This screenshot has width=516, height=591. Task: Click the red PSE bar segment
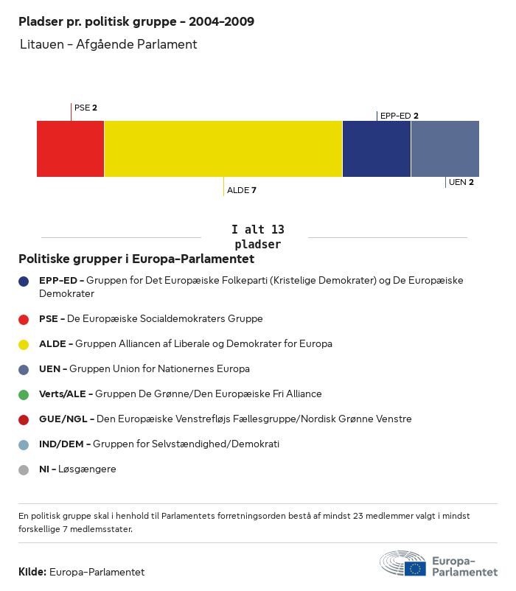click(70, 149)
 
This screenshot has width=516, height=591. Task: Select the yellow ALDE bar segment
click(223, 149)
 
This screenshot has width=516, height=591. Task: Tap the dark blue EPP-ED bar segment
click(376, 149)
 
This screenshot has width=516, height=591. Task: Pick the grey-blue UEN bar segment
click(444, 149)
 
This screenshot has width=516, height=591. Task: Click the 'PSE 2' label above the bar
click(86, 108)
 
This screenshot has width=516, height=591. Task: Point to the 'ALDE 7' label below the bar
click(242, 190)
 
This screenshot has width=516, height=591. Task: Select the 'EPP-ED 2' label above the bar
click(400, 116)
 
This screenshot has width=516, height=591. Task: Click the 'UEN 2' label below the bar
click(461, 182)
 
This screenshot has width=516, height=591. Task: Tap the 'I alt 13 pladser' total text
click(257, 237)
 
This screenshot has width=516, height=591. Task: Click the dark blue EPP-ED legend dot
click(24, 281)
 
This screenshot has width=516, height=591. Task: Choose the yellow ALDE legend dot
click(24, 344)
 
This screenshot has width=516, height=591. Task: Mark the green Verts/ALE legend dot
click(24, 394)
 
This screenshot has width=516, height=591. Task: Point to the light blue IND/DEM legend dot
click(24, 444)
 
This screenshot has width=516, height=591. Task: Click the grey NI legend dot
click(24, 469)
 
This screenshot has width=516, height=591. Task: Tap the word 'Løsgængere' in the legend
click(87, 469)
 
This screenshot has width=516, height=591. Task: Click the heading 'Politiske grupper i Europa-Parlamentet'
click(136, 259)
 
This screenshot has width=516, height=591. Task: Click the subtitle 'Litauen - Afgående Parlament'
click(108, 44)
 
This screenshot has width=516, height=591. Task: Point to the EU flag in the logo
click(415, 568)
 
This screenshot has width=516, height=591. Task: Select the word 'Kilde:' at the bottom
click(32, 572)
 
